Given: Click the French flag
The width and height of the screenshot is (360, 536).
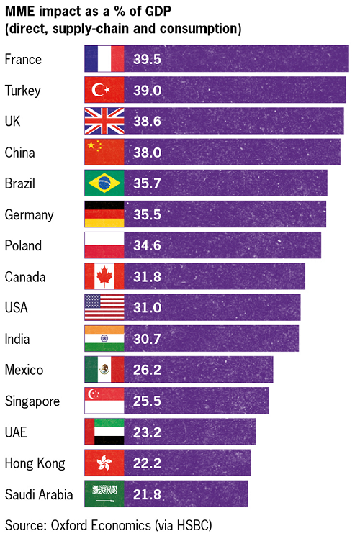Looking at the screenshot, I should tap(104, 59).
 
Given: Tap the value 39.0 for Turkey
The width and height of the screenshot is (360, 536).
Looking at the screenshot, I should tap(146, 90).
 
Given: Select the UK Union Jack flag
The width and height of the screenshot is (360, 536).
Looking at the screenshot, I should tap(104, 121).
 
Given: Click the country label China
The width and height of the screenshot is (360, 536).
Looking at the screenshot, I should tap(19, 153).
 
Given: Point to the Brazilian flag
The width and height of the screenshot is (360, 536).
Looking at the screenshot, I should tap(104, 183).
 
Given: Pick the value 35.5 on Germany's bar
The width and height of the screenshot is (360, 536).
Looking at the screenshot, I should tap(146, 214).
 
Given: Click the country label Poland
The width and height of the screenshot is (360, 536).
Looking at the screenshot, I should tap(23, 245).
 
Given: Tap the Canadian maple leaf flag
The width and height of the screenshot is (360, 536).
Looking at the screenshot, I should tap(104, 276).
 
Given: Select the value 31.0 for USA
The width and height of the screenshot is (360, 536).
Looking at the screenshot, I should tap(146, 307).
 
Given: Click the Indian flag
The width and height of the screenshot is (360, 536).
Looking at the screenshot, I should tap(104, 338).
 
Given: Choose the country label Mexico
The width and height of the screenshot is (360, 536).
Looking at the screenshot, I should tap(24, 370).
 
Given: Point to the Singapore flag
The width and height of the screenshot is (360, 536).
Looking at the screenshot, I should tap(104, 401).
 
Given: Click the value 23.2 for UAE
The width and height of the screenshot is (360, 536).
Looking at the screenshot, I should tap(146, 432).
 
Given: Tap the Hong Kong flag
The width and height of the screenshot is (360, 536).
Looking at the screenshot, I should tap(104, 463).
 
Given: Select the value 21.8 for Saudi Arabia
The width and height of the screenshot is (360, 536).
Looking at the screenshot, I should tap(146, 494).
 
